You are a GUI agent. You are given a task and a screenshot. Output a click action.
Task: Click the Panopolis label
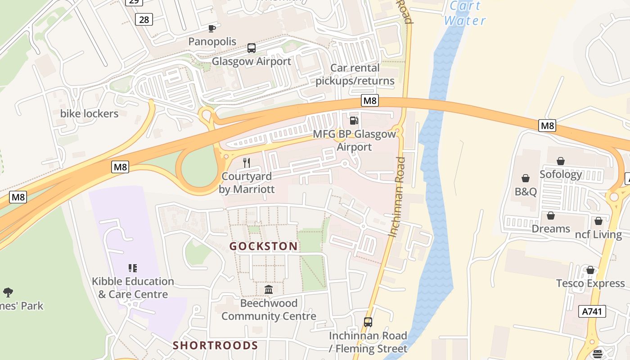(212, 42)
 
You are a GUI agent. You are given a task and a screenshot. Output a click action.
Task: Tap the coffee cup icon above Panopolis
(211, 29)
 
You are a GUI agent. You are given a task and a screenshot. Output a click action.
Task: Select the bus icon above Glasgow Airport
(252, 48)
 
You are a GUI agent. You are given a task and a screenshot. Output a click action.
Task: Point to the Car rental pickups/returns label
(355, 74)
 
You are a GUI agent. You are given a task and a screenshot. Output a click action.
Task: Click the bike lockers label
(89, 113)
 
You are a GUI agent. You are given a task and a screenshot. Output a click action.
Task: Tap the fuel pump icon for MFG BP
(354, 121)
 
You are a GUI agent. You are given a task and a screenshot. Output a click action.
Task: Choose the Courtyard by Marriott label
(247, 183)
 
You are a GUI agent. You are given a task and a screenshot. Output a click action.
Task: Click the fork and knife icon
(246, 162)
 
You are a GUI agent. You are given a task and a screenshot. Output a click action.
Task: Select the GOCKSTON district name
(263, 246)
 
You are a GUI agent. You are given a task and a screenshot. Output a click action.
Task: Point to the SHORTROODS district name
(216, 345)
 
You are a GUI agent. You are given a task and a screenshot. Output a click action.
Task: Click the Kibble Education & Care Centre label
(133, 288)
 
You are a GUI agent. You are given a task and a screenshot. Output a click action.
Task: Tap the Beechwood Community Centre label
(269, 310)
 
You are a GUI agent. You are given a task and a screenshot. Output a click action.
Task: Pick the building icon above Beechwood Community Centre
(269, 289)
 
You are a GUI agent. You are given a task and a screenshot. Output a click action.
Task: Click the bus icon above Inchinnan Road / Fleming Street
(368, 322)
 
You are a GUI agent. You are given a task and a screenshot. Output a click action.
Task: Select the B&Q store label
(526, 192)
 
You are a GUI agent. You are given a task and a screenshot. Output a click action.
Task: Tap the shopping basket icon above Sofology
(561, 161)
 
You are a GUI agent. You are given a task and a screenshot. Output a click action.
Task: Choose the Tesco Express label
(590, 283)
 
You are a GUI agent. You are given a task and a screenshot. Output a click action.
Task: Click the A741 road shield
(592, 311)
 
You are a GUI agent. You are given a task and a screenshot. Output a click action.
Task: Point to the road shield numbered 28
(144, 19)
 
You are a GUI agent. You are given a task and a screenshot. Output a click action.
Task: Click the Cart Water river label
(465, 13)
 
